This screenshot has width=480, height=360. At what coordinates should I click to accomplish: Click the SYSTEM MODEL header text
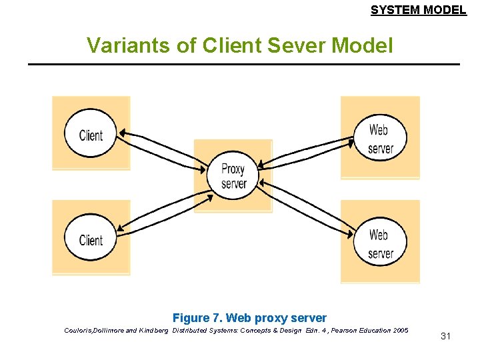coord(418,10)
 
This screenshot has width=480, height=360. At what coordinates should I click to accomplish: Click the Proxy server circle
coord(233,176)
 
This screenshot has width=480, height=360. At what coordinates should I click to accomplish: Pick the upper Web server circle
coord(379,138)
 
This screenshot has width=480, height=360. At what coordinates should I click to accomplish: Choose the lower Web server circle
coord(379,243)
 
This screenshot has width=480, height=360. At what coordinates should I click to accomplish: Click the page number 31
coord(445,336)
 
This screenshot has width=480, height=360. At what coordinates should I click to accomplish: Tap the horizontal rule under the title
coord(244,64)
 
